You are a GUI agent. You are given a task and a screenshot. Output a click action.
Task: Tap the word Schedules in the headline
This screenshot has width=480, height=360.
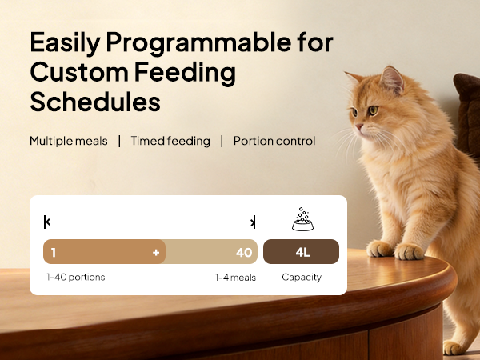tap(95, 102)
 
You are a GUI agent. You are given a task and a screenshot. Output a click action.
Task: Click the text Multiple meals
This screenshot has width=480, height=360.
tap(68, 141)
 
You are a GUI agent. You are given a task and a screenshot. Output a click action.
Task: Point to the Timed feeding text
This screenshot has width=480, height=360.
tap(170, 141)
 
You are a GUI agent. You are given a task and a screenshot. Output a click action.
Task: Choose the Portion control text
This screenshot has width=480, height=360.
tap(274, 141)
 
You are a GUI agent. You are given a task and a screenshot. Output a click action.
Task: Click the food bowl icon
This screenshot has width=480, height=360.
tap(302, 221)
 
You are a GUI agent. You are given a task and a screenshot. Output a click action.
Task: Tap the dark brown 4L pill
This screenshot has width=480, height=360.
tap(302, 252)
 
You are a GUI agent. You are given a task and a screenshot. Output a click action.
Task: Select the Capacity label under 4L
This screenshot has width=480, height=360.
tap(302, 278)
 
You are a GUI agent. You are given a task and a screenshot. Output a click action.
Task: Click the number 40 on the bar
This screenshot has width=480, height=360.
tap(244, 252)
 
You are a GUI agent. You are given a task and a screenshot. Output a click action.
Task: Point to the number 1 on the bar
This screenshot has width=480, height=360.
tap(53, 252)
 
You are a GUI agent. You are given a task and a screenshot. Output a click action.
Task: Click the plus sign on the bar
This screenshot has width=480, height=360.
tap(156, 252)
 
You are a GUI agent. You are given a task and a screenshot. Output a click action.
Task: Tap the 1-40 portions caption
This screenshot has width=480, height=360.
tap(75, 278)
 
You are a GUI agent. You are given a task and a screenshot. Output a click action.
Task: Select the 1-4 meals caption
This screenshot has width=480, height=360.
tap(235, 278)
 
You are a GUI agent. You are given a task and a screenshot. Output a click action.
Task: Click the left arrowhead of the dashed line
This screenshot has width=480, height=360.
tap(47, 222)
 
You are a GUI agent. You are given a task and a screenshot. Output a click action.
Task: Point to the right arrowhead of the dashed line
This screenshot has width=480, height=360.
tap(254, 222)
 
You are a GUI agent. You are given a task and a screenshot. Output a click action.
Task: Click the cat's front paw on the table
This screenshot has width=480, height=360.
tap(410, 251)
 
